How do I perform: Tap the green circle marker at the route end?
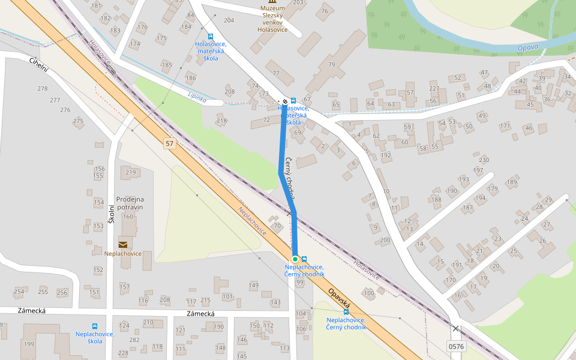pyautogui.click(x=295, y=259)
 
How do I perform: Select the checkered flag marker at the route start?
pyautogui.click(x=285, y=101)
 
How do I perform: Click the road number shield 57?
pyautogui.click(x=170, y=143)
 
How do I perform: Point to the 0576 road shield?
pyautogui.click(x=456, y=346)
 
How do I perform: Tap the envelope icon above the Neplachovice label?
pyautogui.click(x=123, y=244)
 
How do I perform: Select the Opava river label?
pyautogui.click(x=528, y=47)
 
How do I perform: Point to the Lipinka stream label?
pyautogui.click(x=197, y=98)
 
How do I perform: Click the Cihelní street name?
pyautogui.click(x=38, y=66)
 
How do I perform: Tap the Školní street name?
pyautogui.click(x=111, y=213)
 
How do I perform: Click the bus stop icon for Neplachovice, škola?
pyautogui.click(x=95, y=326)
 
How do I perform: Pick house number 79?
pyautogui.click(x=331, y=65)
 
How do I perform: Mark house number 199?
pyautogui.click(x=28, y=344)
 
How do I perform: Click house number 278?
pyautogui.click(x=42, y=89)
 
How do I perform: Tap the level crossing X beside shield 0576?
pyautogui.click(x=456, y=328)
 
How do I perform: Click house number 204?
pyautogui.click(x=229, y=20)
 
